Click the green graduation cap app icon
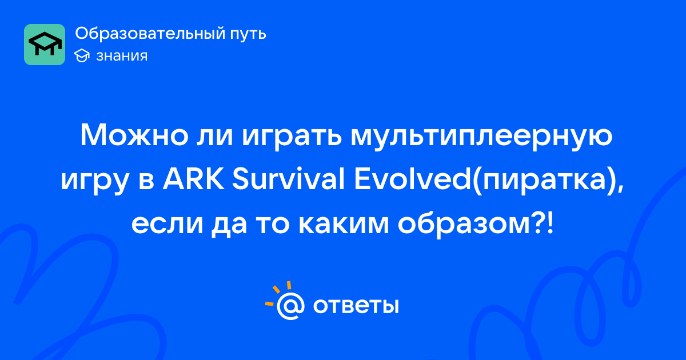45,45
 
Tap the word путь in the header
248,34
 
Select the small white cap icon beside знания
82,56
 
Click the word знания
122,56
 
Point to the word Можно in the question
134,135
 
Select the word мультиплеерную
482,138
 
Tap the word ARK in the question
193,178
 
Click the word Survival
288,178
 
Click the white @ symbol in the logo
290,306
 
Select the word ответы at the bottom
356,306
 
